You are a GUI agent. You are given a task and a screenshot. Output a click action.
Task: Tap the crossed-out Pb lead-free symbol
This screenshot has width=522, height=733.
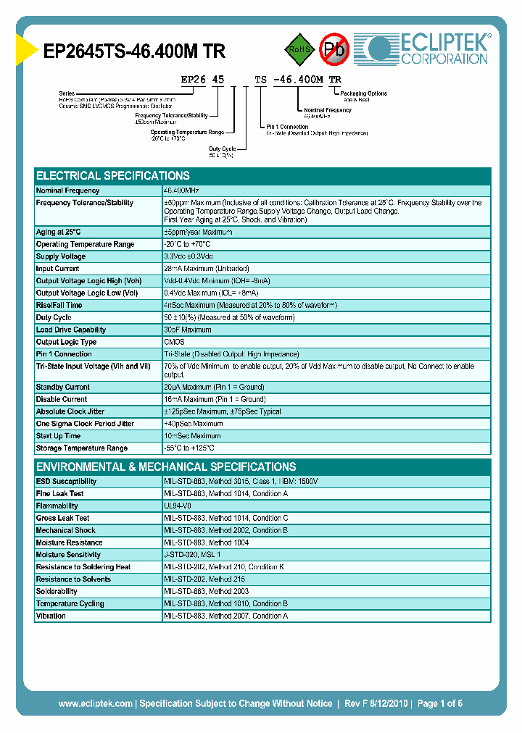coord(334,49)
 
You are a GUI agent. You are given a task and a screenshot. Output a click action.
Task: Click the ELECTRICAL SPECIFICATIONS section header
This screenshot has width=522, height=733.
coord(113,176)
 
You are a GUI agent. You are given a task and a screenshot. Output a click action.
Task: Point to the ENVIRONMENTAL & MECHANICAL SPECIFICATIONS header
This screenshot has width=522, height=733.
coord(166,467)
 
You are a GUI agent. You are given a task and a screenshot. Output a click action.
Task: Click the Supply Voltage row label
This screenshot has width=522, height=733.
coord(61,256)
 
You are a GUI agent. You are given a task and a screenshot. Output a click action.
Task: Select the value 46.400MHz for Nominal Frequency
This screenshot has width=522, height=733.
coord(182,190)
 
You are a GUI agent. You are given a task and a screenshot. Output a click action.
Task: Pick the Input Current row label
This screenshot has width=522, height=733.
coord(58,269)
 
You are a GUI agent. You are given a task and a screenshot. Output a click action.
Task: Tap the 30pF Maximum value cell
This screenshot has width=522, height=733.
coord(188,330)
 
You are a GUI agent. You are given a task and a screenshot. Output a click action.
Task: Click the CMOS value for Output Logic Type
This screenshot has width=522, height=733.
coord(174,342)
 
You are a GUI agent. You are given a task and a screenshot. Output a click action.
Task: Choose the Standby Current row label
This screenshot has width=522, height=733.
coord(63,388)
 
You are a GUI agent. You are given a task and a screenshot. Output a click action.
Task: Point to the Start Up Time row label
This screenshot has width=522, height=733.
coord(58,436)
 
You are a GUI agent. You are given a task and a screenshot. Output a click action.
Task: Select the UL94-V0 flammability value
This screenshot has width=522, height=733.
coord(178,506)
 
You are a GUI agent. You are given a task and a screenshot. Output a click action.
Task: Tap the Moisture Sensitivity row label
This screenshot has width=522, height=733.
coord(70,555)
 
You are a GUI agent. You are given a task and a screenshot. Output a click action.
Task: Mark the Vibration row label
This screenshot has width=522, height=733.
coord(51,616)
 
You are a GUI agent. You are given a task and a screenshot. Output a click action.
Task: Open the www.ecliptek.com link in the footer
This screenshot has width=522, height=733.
coord(95,703)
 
